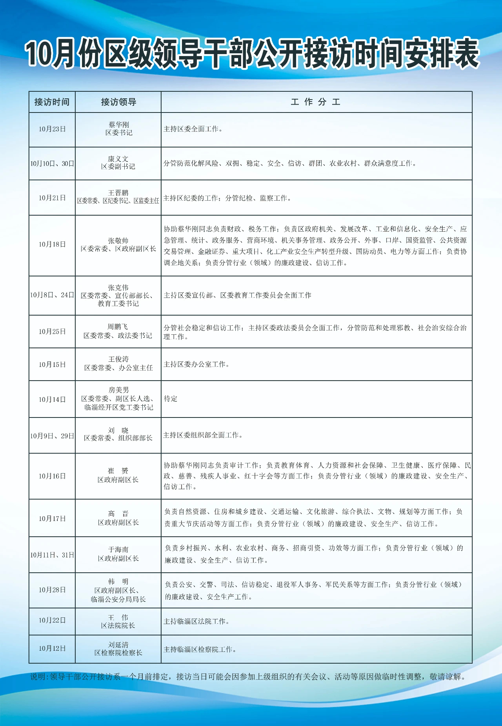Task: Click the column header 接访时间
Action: tap(52, 102)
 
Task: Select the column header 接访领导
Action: tap(118, 102)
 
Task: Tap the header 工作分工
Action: tap(316, 102)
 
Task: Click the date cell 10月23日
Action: tap(52, 129)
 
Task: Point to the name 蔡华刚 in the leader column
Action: tap(119, 125)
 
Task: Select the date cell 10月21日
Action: tap(52, 198)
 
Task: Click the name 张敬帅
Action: tap(118, 241)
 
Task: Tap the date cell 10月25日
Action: tap(52, 332)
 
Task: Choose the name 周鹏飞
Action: tap(118, 327)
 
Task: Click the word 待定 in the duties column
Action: tap(171, 399)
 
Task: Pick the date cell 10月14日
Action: tap(52, 399)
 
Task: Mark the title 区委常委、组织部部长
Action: tap(118, 438)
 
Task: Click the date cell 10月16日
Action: tap(52, 476)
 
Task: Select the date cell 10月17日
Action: tap(52, 519)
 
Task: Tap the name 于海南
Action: tap(118, 550)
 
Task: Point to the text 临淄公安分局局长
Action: tap(118, 599)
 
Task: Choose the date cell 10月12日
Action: tap(52, 648)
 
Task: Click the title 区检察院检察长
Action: tap(118, 653)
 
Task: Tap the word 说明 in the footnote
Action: tap(38, 677)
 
